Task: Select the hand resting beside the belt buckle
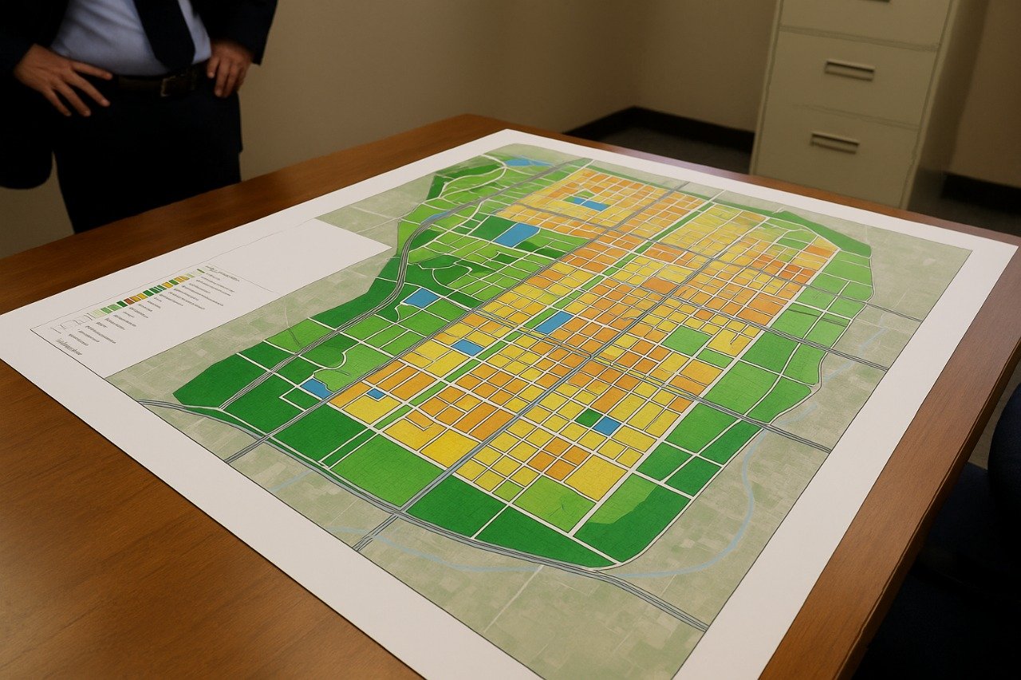(228, 68)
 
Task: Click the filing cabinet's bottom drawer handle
(834, 142)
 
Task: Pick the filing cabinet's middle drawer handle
(849, 70)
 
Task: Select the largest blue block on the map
(516, 234)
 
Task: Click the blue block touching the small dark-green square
(606, 426)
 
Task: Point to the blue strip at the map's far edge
(527, 162)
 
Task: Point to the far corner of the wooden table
(479, 118)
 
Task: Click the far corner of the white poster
(504, 132)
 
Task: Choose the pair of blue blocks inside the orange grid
(588, 203)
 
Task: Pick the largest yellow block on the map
(594, 477)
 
